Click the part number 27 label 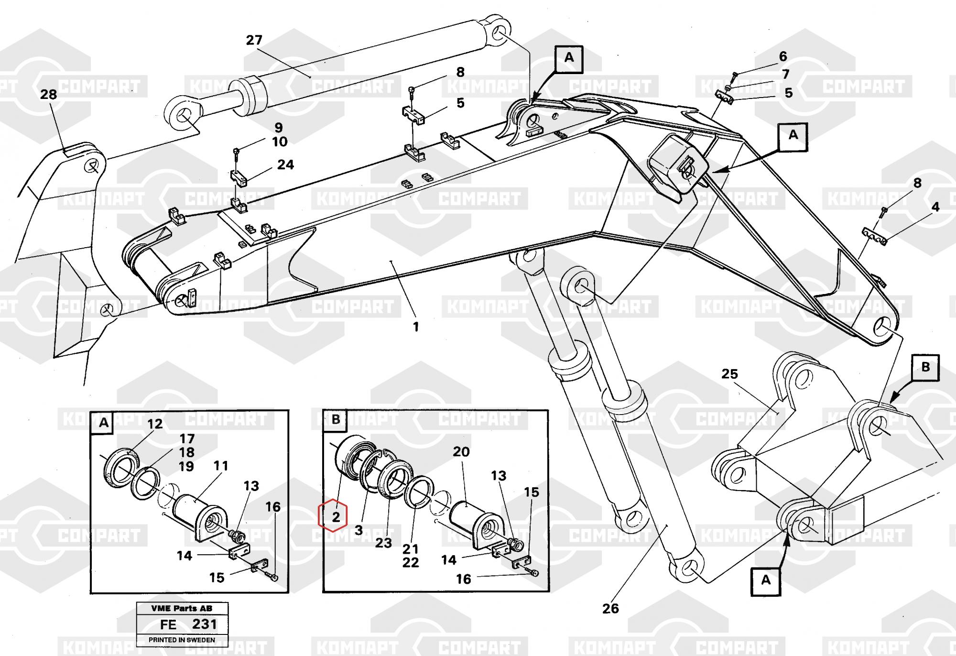point(254,40)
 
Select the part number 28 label point(48,95)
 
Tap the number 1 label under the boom point(416,327)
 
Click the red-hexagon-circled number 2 point(336,516)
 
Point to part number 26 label point(610,609)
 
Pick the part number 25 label point(729,374)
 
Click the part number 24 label point(285,165)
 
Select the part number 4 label point(935,207)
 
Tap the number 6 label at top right point(782,56)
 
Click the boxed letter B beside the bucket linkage point(925,367)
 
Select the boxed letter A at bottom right point(766,580)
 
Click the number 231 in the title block point(204,624)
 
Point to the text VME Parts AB point(182,609)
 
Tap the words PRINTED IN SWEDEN point(182,640)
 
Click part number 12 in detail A point(154,424)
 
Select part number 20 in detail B point(461,452)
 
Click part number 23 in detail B point(383,543)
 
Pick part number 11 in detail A point(220,466)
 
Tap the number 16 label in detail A point(273,507)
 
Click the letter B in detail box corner point(336,420)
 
